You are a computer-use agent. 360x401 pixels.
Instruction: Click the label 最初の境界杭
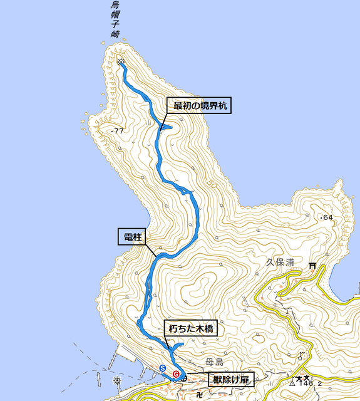pyautogui.click(x=198, y=106)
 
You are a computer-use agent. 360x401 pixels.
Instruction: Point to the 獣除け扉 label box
pyautogui.click(x=229, y=380)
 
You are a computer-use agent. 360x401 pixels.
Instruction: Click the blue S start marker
pyautogui.click(x=163, y=368)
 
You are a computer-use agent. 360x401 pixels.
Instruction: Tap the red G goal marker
pyautogui.click(x=176, y=373)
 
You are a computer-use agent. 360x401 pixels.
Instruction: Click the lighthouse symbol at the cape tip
pyautogui.click(x=120, y=61)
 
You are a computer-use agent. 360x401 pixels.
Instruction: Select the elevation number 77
pyautogui.click(x=118, y=131)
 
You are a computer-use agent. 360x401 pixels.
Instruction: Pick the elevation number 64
pyautogui.click(x=326, y=218)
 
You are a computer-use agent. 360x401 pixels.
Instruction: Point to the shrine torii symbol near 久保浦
pyautogui.click(x=312, y=266)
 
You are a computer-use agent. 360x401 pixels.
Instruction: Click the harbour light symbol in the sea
pyautogui.click(x=117, y=380)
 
